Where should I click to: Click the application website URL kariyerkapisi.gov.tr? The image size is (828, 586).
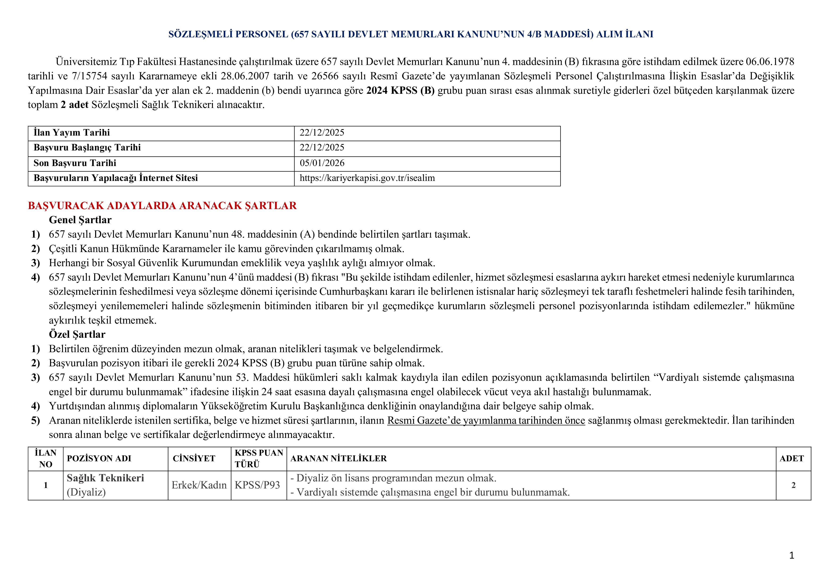pos(367,178)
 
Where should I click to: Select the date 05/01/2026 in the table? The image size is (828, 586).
pos(322,163)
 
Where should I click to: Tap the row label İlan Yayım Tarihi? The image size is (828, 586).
pos(72,133)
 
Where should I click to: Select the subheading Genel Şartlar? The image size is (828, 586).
pos(80,220)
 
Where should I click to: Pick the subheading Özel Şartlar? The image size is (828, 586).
pos(77,334)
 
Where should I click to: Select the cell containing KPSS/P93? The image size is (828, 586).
pos(257,485)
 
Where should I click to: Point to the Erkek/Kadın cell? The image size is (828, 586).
pos(199,485)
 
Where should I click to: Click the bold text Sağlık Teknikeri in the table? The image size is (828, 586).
pos(105,478)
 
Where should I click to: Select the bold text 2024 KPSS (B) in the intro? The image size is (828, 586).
pos(400,90)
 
